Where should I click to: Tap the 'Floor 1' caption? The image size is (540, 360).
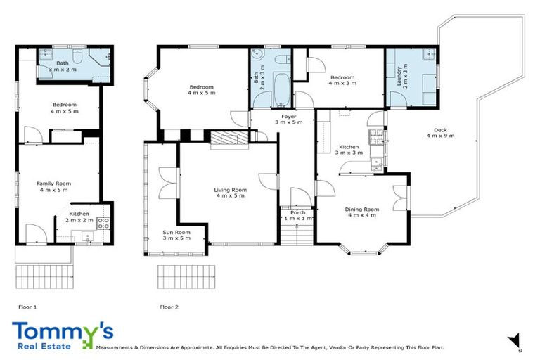[x=27, y=307]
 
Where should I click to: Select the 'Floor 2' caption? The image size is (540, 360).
[x=169, y=307]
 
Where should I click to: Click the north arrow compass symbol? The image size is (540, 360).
[x=515, y=340]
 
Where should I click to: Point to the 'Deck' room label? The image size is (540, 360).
[x=440, y=130]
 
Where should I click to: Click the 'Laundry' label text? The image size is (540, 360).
[x=399, y=74]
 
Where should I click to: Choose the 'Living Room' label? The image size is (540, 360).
[x=230, y=190]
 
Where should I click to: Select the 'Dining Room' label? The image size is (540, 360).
[x=361, y=210]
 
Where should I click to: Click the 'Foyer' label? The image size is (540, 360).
[x=288, y=116]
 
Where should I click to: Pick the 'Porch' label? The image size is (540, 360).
[x=297, y=212]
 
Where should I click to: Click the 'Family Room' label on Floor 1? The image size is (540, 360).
[x=54, y=184]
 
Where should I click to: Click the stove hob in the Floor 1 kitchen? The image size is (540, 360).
[x=103, y=223]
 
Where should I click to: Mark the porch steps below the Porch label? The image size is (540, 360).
[x=297, y=233]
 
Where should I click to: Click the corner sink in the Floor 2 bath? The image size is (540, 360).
[x=257, y=56]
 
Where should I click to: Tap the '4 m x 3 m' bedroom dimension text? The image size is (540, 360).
[x=342, y=83]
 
